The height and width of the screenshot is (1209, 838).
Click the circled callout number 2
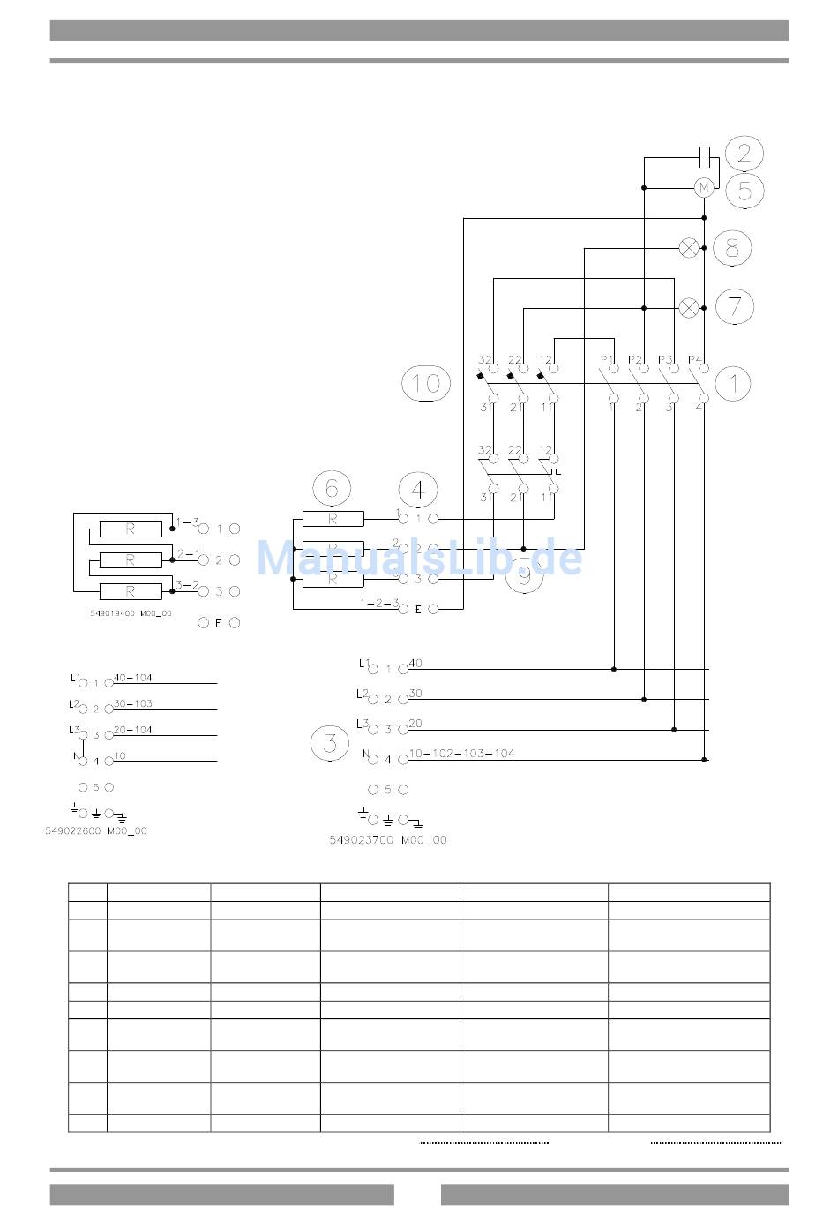[744, 154]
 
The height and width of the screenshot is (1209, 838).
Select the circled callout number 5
[744, 191]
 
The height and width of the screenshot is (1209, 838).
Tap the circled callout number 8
[731, 248]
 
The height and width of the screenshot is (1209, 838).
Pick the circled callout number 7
[734, 306]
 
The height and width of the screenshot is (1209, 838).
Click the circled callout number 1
[732, 383]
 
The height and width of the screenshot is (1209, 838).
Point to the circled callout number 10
[426, 383]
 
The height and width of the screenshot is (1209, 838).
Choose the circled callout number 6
[332, 488]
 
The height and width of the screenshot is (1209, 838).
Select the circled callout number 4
[417, 489]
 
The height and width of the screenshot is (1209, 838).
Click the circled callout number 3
[330, 742]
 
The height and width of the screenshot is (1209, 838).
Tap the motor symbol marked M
[704, 188]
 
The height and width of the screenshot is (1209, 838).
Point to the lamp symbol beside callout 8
[690, 248]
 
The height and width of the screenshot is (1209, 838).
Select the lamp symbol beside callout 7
[690, 307]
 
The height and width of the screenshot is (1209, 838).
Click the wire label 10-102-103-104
[461, 754]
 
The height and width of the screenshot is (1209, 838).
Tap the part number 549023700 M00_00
[388, 840]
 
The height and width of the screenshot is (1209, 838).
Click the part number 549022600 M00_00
[96, 831]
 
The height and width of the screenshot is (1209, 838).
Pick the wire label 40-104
[133, 678]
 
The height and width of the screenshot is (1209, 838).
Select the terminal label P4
[694, 359]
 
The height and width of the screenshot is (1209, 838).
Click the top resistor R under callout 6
[333, 519]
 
